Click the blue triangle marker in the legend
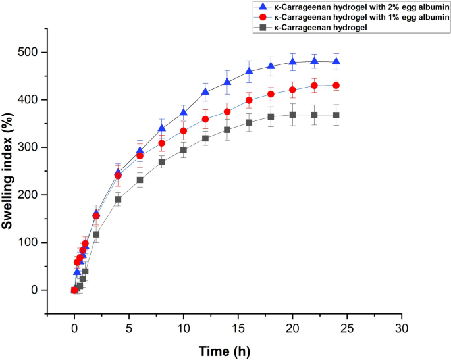coord(261,6)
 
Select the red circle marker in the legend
coord(261,16)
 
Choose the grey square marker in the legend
coord(261,27)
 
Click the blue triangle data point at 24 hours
coord(336,61)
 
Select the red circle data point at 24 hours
coord(336,86)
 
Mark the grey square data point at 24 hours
coord(336,115)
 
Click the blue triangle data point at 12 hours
coord(205,91)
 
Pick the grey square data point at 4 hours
coord(118,199)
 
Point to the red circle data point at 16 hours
coord(249,101)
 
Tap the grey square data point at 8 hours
coord(161,162)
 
